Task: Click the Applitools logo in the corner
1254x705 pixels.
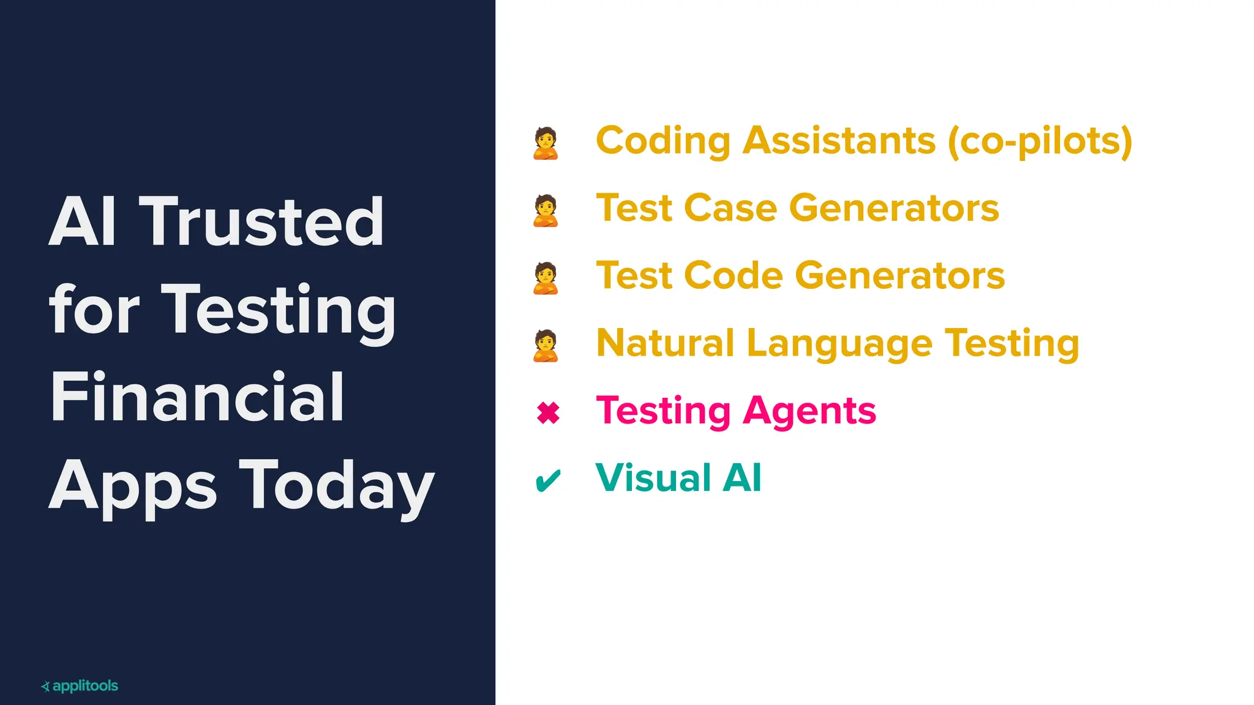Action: click(80, 686)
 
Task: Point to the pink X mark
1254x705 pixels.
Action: click(548, 412)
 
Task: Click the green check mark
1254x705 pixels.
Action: click(547, 480)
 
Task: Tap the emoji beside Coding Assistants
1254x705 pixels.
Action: click(546, 143)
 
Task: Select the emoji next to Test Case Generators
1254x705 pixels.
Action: click(546, 211)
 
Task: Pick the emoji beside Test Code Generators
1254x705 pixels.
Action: click(546, 278)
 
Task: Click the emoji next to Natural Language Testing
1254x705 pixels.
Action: click(546, 345)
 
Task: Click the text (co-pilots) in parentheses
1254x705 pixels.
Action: click(1040, 141)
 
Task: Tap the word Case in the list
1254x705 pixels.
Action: click(730, 208)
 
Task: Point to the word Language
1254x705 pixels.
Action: click(839, 344)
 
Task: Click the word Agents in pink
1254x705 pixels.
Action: click(809, 411)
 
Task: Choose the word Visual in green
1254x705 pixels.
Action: click(653, 477)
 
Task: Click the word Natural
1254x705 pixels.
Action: click(665, 343)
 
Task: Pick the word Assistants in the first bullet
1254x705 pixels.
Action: click(839, 141)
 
